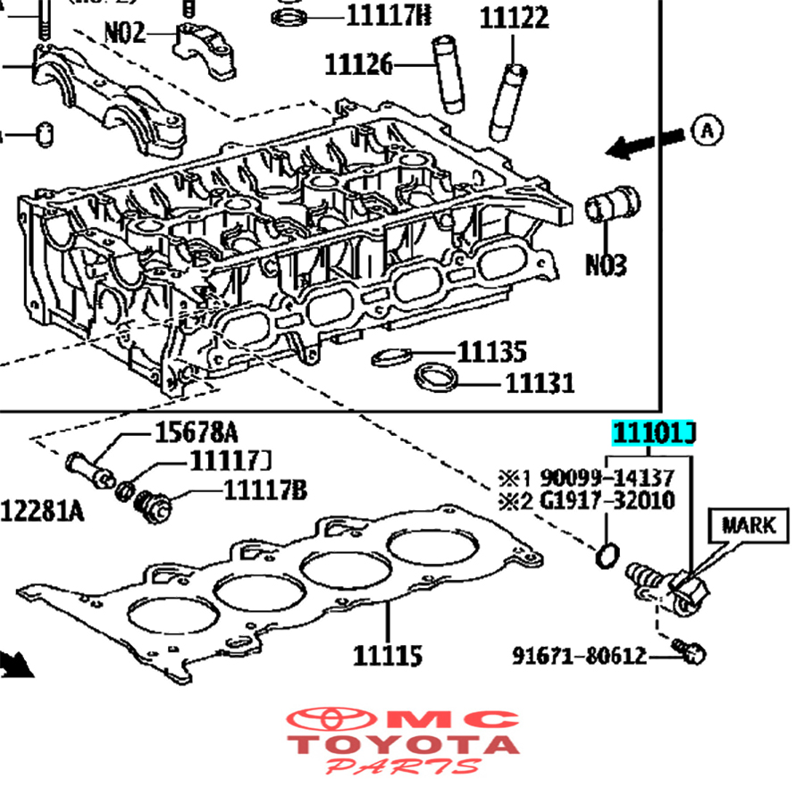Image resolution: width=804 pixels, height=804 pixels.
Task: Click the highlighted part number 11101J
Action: point(653,434)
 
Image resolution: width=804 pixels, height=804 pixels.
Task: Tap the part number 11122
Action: point(514,18)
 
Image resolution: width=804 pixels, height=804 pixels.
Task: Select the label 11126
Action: point(358,64)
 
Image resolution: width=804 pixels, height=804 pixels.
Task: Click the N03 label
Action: point(606,265)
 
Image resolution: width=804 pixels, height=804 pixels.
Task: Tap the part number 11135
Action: point(492,351)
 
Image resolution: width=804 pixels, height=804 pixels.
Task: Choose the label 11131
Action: point(540,383)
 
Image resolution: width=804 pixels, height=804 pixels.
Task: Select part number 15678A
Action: point(197,433)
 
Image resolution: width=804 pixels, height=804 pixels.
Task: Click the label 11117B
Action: point(265,490)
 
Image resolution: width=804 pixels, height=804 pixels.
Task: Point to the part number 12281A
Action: point(42,510)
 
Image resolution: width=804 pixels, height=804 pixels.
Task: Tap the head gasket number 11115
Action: point(388,657)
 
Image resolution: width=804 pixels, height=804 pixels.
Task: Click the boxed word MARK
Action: point(749,524)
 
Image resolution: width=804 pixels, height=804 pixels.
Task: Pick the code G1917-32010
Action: point(606,500)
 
